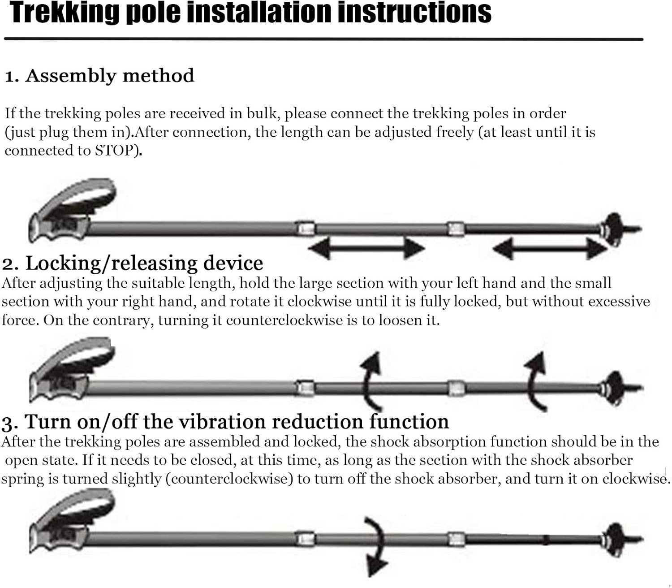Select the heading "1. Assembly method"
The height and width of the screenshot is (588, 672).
pos(99,76)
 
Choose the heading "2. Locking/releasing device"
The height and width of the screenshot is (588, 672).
pos(133,263)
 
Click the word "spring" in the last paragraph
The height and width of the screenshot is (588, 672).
pos(22,479)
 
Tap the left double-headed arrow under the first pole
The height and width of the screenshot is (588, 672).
pos(366,248)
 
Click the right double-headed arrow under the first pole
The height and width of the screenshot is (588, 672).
pos(550,249)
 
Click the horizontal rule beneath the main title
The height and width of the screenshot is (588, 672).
pos(323,39)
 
